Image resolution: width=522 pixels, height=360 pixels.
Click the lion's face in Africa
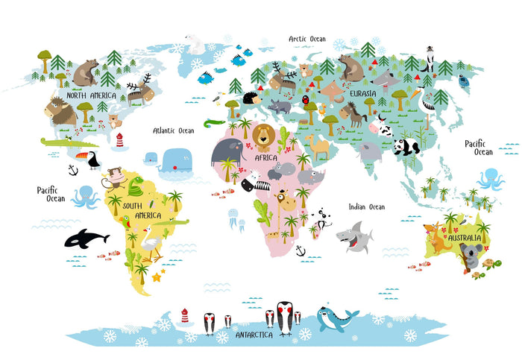click(x=262, y=136)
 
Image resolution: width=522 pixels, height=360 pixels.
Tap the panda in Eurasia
click(x=406, y=146)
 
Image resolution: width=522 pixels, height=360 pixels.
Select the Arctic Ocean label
click(x=307, y=39)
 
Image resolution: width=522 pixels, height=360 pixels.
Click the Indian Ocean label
click(x=366, y=206)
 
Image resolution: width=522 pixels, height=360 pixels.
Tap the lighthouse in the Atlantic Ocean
click(x=119, y=140)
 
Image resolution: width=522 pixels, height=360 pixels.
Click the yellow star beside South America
click(x=157, y=277)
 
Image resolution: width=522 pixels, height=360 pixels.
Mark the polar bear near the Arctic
click(x=195, y=44)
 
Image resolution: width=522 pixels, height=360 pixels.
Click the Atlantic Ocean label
click(x=173, y=130)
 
